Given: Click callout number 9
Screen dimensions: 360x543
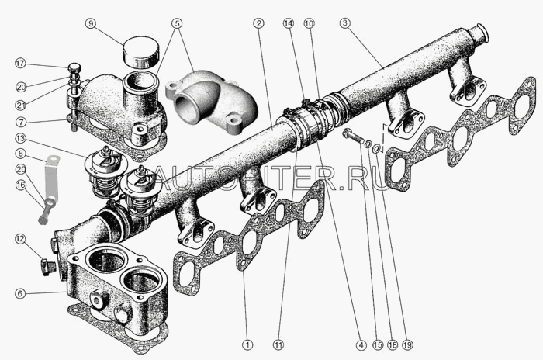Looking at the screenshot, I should (x=91, y=23).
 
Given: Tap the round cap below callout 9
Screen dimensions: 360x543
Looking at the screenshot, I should (x=141, y=53).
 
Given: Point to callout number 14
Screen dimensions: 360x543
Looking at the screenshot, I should (x=289, y=23).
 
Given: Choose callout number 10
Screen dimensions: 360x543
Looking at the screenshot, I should (x=310, y=23).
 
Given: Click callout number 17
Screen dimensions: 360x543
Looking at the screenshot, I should (x=20, y=63).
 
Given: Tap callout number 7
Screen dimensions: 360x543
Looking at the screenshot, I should (x=20, y=122).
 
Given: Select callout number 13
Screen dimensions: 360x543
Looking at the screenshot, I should (x=20, y=138).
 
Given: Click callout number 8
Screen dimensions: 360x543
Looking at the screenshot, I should (x=20, y=154).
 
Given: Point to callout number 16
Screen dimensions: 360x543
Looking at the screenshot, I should (x=20, y=185).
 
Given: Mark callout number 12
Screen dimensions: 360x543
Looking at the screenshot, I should (x=20, y=239).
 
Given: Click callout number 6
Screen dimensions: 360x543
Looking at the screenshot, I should (x=20, y=292).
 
